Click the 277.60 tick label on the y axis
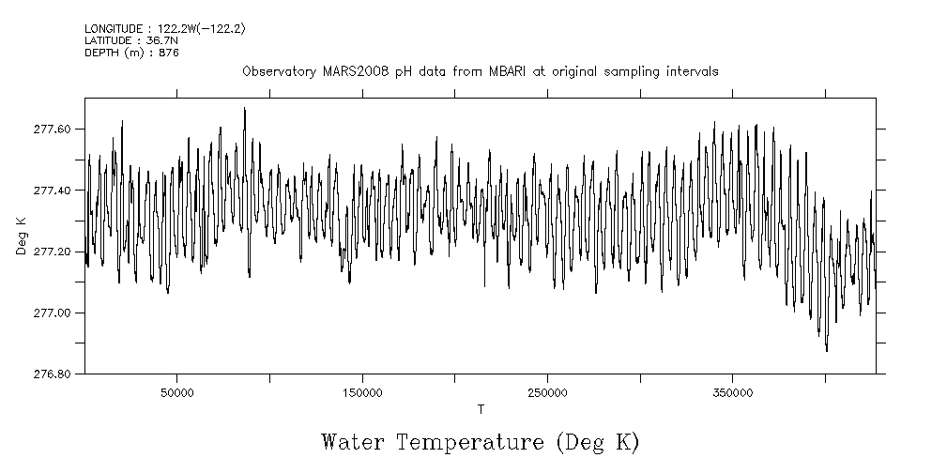click(x=52, y=130)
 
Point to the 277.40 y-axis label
click(x=52, y=191)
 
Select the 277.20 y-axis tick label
click(x=52, y=252)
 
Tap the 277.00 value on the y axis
click(x=52, y=313)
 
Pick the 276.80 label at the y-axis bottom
click(x=52, y=374)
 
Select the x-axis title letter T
click(x=481, y=409)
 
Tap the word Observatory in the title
click(x=274, y=72)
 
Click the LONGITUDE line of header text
click(x=165, y=29)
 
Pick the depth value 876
click(x=169, y=53)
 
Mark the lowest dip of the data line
click(x=827, y=351)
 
